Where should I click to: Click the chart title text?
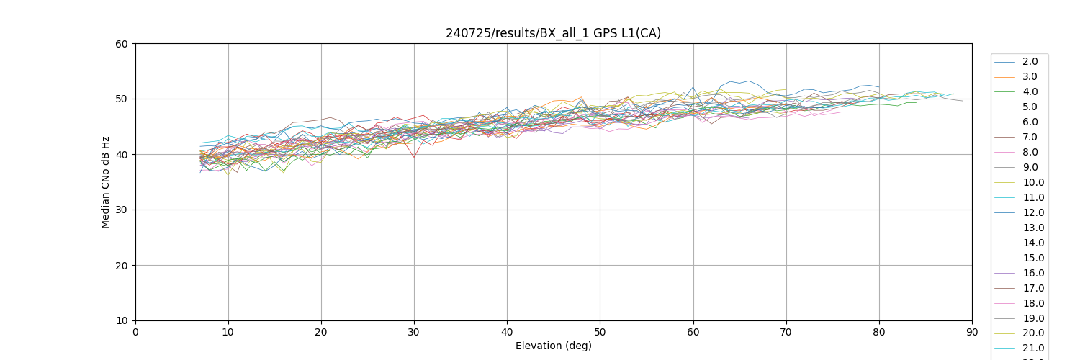coord(553,33)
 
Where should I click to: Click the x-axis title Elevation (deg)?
coord(553,346)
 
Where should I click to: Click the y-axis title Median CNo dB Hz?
coord(106,182)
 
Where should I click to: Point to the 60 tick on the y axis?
coord(122,44)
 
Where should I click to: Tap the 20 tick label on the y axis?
coord(122,266)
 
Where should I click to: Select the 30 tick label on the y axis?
coord(122,210)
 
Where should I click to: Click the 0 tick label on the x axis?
coord(135,333)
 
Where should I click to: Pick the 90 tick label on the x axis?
coord(972,333)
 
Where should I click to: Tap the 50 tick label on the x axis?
coord(600,333)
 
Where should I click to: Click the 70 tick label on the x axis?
coord(786,333)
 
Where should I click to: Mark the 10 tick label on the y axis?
coord(122,321)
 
